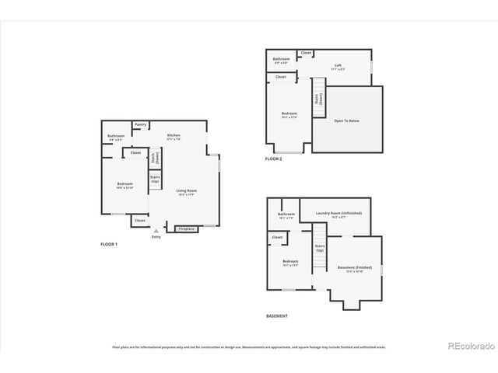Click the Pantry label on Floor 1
(x=140, y=124)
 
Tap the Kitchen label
(x=174, y=135)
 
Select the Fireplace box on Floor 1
(x=186, y=229)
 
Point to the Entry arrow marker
(x=156, y=230)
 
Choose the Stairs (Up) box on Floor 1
(x=155, y=180)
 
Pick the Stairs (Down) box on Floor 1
(x=156, y=157)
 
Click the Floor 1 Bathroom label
(x=116, y=137)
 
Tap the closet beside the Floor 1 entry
(x=140, y=221)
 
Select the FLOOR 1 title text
(x=109, y=244)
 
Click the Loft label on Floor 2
(x=338, y=65)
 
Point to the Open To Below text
(x=347, y=120)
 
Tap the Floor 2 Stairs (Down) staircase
(x=318, y=99)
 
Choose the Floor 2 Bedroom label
(x=289, y=114)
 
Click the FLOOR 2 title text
(x=273, y=159)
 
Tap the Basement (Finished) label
(x=351, y=268)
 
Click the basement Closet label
(x=277, y=236)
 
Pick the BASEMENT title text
(x=277, y=315)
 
